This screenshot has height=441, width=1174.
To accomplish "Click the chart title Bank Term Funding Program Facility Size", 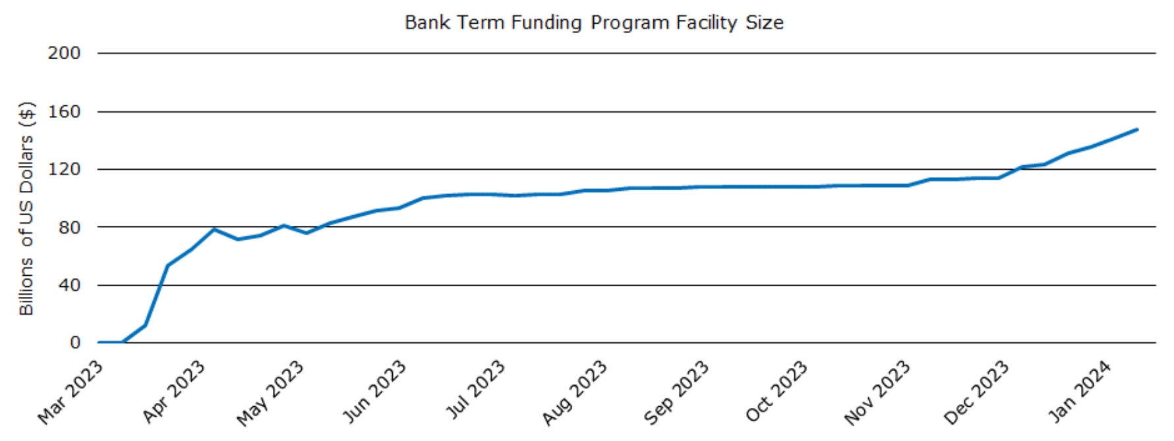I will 594,23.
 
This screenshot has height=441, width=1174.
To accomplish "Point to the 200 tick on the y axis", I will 64,53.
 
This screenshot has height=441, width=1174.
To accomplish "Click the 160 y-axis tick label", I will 64,112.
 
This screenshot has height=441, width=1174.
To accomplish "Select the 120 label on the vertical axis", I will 64,169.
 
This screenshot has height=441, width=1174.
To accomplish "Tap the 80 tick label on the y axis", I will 69,227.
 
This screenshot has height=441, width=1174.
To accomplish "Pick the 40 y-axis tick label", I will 69,285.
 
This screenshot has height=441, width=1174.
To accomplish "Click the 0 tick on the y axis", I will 74,343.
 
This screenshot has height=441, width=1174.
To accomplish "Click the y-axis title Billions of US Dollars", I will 26,208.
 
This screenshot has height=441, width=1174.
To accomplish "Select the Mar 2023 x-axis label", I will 71,392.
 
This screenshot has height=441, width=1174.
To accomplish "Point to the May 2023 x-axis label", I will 270,393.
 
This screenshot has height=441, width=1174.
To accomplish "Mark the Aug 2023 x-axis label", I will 574,392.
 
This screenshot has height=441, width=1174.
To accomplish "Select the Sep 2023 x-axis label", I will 676,392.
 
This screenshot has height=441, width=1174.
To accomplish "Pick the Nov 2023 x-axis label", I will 877,392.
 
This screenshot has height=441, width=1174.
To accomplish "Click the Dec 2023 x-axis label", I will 976,392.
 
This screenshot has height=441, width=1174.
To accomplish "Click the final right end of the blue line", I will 1137,130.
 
